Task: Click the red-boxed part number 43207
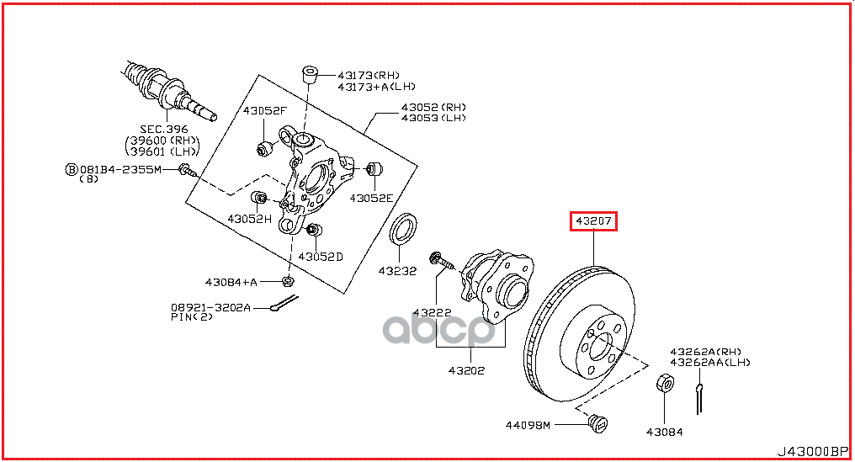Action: [595, 222]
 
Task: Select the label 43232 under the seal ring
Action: [397, 271]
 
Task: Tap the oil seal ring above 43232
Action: [405, 227]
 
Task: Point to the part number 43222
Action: [432, 312]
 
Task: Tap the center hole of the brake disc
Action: [600, 345]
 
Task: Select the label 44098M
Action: [528, 425]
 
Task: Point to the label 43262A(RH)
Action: [705, 351]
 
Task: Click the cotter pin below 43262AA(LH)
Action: [699, 397]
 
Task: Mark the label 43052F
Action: [265, 110]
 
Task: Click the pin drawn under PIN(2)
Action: [284, 311]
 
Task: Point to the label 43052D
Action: [321, 256]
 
